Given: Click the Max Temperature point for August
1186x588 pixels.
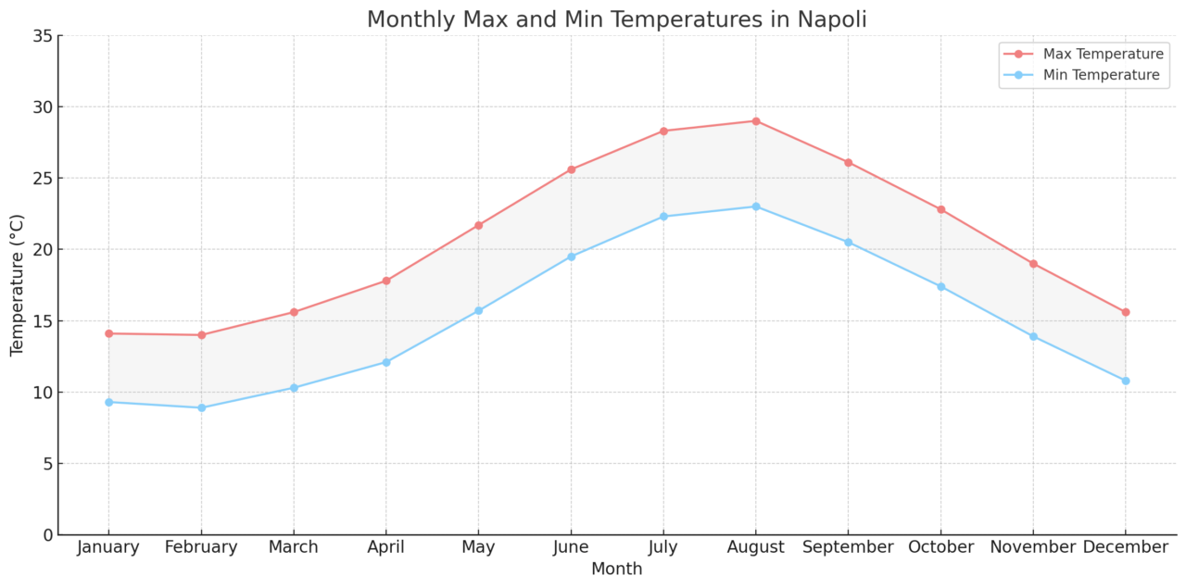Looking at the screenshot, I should coord(755,121).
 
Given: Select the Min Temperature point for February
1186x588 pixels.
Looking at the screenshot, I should coord(201,407).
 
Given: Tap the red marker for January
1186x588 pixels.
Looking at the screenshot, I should coord(108,333).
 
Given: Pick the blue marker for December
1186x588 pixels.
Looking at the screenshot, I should coord(1125,381).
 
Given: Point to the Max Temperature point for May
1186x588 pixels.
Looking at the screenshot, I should coord(478,225).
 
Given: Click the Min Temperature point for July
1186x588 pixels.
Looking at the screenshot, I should coord(663,217).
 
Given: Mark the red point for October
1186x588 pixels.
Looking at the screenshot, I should coord(940,209).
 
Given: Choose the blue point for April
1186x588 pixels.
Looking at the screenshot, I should coord(386,362).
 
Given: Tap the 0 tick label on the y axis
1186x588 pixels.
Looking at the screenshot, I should coord(46,535).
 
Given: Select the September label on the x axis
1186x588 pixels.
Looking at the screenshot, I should coord(848,548).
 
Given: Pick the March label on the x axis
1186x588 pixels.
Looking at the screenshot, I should coord(294,548).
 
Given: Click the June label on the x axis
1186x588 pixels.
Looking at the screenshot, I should coord(571,548).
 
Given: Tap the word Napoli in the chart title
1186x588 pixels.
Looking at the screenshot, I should coord(833,19).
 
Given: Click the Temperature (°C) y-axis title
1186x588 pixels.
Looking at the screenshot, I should coord(18,285).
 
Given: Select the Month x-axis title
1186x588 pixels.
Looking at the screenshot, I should coord(616,569).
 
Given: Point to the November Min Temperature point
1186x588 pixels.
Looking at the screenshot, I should coord(1033,336).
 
